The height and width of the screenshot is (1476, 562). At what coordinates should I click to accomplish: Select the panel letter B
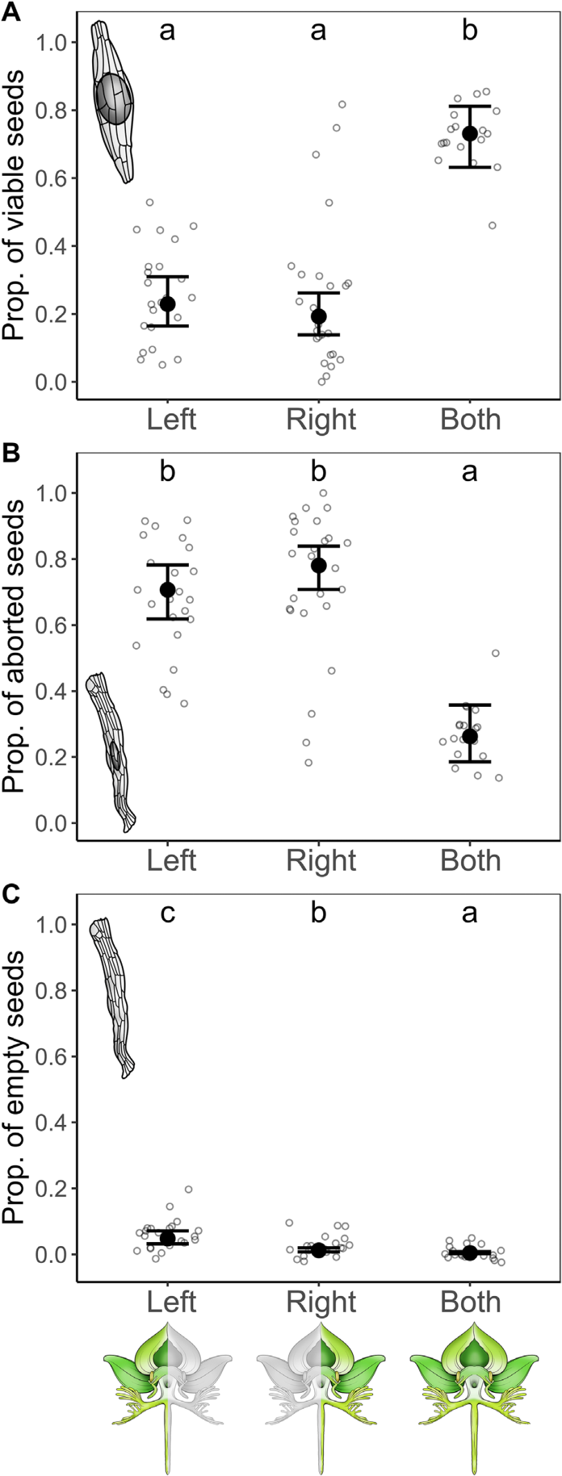coord(11,455)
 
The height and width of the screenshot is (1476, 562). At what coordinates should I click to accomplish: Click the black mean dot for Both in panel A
coord(470,134)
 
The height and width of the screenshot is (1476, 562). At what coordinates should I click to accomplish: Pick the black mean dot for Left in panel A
coord(167,303)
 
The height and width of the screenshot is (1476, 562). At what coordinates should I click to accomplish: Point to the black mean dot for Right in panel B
coord(318,566)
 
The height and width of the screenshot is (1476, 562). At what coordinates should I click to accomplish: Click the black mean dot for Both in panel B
coord(470,736)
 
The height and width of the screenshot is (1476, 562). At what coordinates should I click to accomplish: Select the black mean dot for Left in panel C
coord(167,1238)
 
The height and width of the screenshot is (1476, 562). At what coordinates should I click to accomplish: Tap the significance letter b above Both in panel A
coord(470,30)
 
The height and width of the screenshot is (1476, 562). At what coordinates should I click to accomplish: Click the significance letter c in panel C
coord(167,914)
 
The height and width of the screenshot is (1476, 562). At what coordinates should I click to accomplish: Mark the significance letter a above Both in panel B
coord(470,473)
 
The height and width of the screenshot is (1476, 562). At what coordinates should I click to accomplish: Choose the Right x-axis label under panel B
coord(321,861)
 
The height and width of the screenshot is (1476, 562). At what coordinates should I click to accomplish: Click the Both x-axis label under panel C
coord(471,1302)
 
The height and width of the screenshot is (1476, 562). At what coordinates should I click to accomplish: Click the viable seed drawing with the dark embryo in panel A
coord(114,102)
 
